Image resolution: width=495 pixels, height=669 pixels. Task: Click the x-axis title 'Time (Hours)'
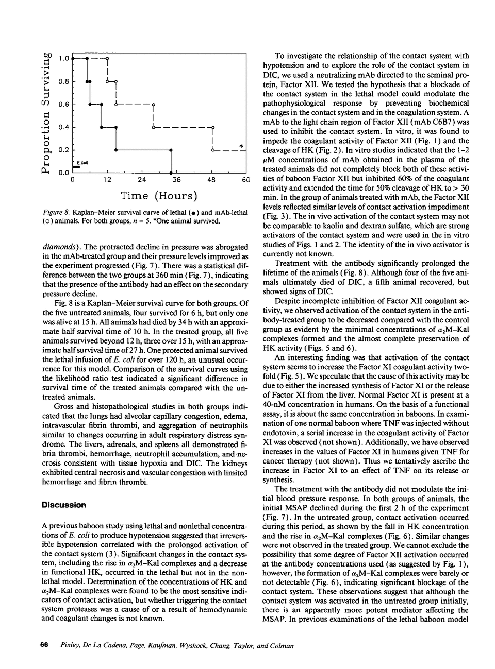pyautogui.click(x=159, y=196)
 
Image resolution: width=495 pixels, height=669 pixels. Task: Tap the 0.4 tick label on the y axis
pyautogui.click(x=63, y=127)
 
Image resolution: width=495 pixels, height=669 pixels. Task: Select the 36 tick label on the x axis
pyautogui.click(x=176, y=180)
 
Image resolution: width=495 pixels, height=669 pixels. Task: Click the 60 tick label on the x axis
pyautogui.click(x=246, y=180)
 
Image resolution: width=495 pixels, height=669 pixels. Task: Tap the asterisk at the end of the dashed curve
pyautogui.click(x=241, y=146)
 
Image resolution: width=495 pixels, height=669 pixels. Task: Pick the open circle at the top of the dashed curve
pyautogui.click(x=107, y=59)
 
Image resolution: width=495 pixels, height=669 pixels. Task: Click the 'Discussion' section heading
pyautogui.click(x=64, y=505)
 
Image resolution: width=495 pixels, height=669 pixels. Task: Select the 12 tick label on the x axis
pyautogui.click(x=107, y=180)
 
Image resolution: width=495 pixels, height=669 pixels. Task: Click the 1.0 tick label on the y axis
pyautogui.click(x=63, y=59)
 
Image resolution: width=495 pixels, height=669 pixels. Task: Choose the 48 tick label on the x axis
pyautogui.click(x=212, y=180)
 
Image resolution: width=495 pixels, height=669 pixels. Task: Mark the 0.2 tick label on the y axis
pyautogui.click(x=63, y=150)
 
